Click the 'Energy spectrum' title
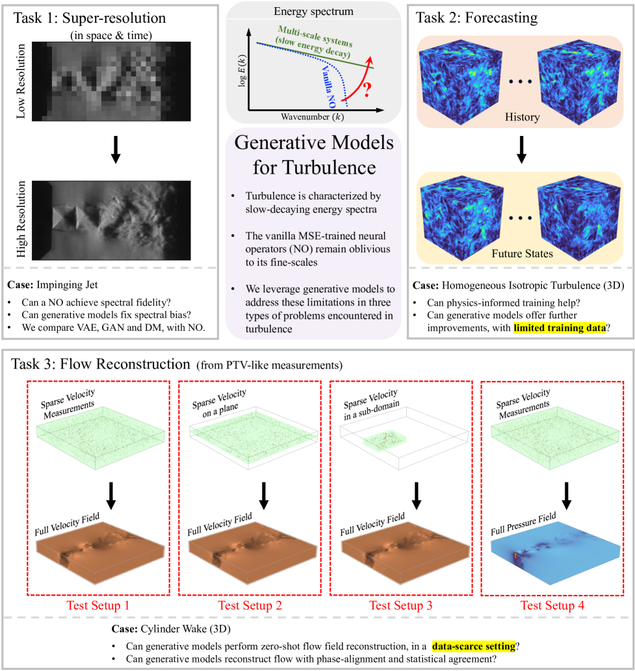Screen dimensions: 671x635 pos(313,12)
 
